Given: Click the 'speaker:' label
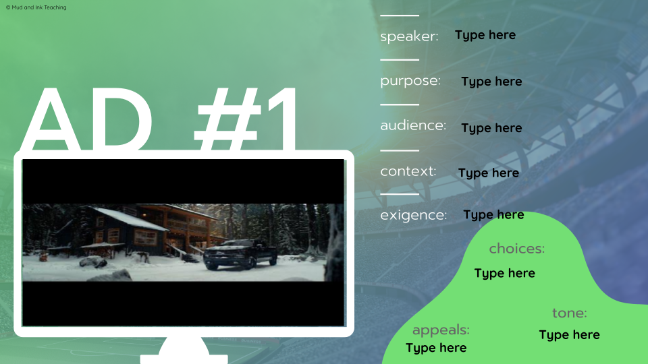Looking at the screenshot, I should click(409, 36).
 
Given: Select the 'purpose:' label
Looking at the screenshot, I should click(410, 81).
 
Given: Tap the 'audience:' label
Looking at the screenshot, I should click(413, 126).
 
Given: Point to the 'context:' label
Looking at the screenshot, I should click(408, 171).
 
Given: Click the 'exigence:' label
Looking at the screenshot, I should click(414, 216).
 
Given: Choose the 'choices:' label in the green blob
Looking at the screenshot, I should click(516, 249).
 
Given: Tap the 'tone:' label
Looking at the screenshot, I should click(570, 313).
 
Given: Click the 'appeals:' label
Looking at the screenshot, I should click(441, 330).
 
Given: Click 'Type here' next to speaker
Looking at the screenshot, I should click(485, 35).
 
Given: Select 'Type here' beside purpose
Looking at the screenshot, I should click(491, 82).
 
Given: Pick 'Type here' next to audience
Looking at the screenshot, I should click(491, 128).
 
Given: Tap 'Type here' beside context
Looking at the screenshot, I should click(489, 173).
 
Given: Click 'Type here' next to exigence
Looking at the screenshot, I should click(493, 215).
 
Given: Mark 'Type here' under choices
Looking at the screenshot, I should click(504, 273).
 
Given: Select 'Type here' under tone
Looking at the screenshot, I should click(569, 335).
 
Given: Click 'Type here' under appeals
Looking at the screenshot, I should click(436, 348).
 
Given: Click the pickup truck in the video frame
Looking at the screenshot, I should click(240, 254).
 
